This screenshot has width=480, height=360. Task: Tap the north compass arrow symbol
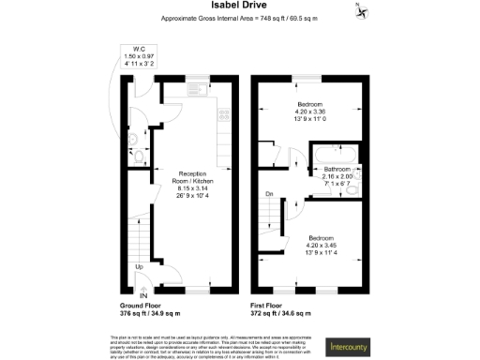[x=360, y=10]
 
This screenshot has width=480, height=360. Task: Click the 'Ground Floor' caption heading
[x=146, y=307]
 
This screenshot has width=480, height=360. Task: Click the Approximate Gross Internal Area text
[x=239, y=20]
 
